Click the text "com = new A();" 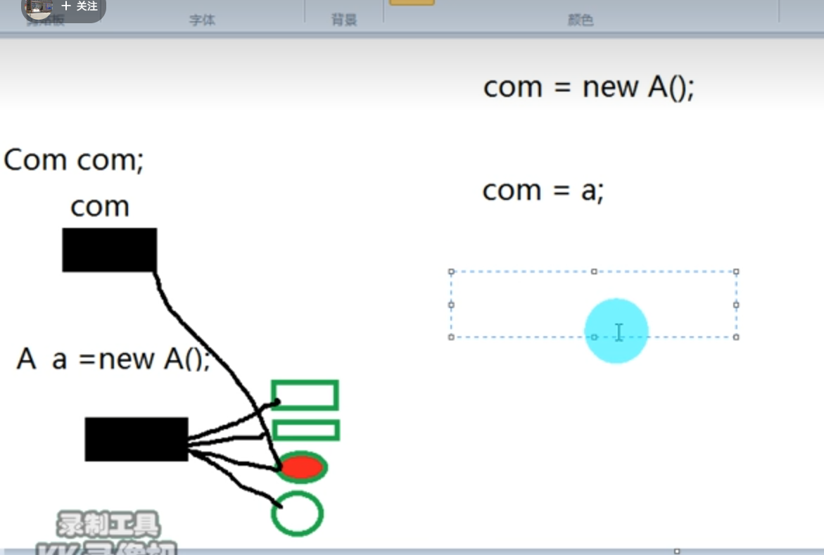point(588,87)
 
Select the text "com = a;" point(543,191)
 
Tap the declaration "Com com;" point(73,160)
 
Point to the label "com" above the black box point(100,207)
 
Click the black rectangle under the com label point(109,250)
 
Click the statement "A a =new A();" point(113,359)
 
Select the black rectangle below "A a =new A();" point(137,439)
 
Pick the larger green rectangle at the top point(305,395)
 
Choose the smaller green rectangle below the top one point(305,430)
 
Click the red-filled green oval point(302,467)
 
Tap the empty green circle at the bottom point(297,514)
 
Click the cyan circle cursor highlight point(616,331)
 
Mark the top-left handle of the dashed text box point(452,272)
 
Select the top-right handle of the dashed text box point(736,272)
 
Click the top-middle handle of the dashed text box point(594,272)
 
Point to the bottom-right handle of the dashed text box point(736,337)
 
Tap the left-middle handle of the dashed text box point(452,305)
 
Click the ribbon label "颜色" point(581,20)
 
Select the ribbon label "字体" point(202,20)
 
